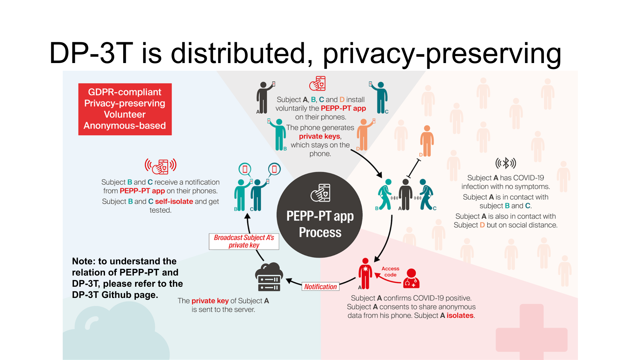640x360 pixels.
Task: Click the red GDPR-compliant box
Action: point(125,109)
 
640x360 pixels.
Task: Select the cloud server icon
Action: point(269,277)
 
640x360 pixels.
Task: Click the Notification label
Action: point(320,287)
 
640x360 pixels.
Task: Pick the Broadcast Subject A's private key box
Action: point(244,241)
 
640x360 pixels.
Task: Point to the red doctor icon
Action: point(411,279)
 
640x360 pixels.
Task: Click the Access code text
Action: point(390,272)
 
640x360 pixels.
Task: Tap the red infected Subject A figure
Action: point(365,274)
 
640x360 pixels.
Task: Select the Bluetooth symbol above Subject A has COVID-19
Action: point(506,163)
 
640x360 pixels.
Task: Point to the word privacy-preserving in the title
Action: point(442,54)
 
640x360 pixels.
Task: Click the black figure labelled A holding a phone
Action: point(263,98)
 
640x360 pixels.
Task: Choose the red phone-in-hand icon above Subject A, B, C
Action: point(318,84)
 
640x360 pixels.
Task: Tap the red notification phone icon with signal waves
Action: point(161,166)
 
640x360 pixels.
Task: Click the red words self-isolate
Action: point(174,202)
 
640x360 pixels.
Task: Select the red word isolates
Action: point(460,316)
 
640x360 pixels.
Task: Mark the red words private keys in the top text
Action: point(319,136)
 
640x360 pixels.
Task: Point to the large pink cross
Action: point(532,333)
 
